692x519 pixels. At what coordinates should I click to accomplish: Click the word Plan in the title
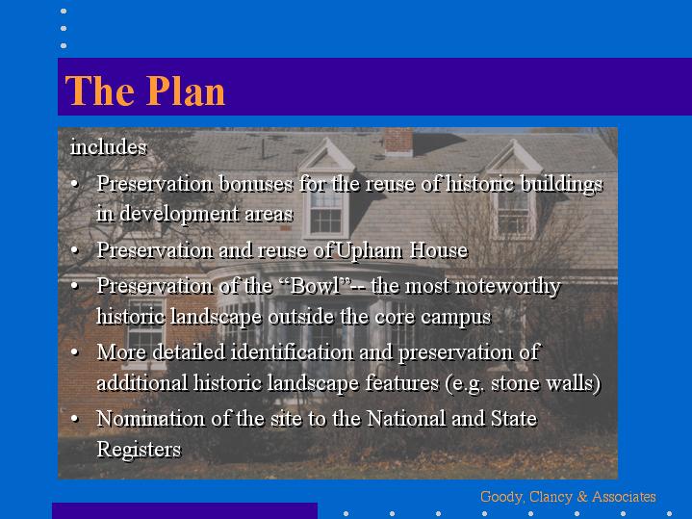point(186,91)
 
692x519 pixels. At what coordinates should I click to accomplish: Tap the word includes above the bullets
point(109,146)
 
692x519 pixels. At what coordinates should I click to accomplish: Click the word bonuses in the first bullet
point(256,184)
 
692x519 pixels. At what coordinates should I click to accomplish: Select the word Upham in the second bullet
point(369,251)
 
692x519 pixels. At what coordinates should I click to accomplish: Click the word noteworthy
point(483,287)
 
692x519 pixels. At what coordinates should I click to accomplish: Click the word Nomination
point(151,418)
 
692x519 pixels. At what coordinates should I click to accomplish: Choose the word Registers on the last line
point(139,450)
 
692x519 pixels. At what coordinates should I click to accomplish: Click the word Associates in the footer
point(624,497)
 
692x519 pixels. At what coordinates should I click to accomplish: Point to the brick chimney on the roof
point(398,142)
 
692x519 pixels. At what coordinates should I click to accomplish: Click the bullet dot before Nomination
point(74,418)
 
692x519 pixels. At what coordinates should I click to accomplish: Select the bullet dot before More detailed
point(74,352)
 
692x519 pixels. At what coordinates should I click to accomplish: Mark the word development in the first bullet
point(180,215)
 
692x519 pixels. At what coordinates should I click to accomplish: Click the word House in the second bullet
point(439,250)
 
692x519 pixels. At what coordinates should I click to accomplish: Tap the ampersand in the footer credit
point(582,497)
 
